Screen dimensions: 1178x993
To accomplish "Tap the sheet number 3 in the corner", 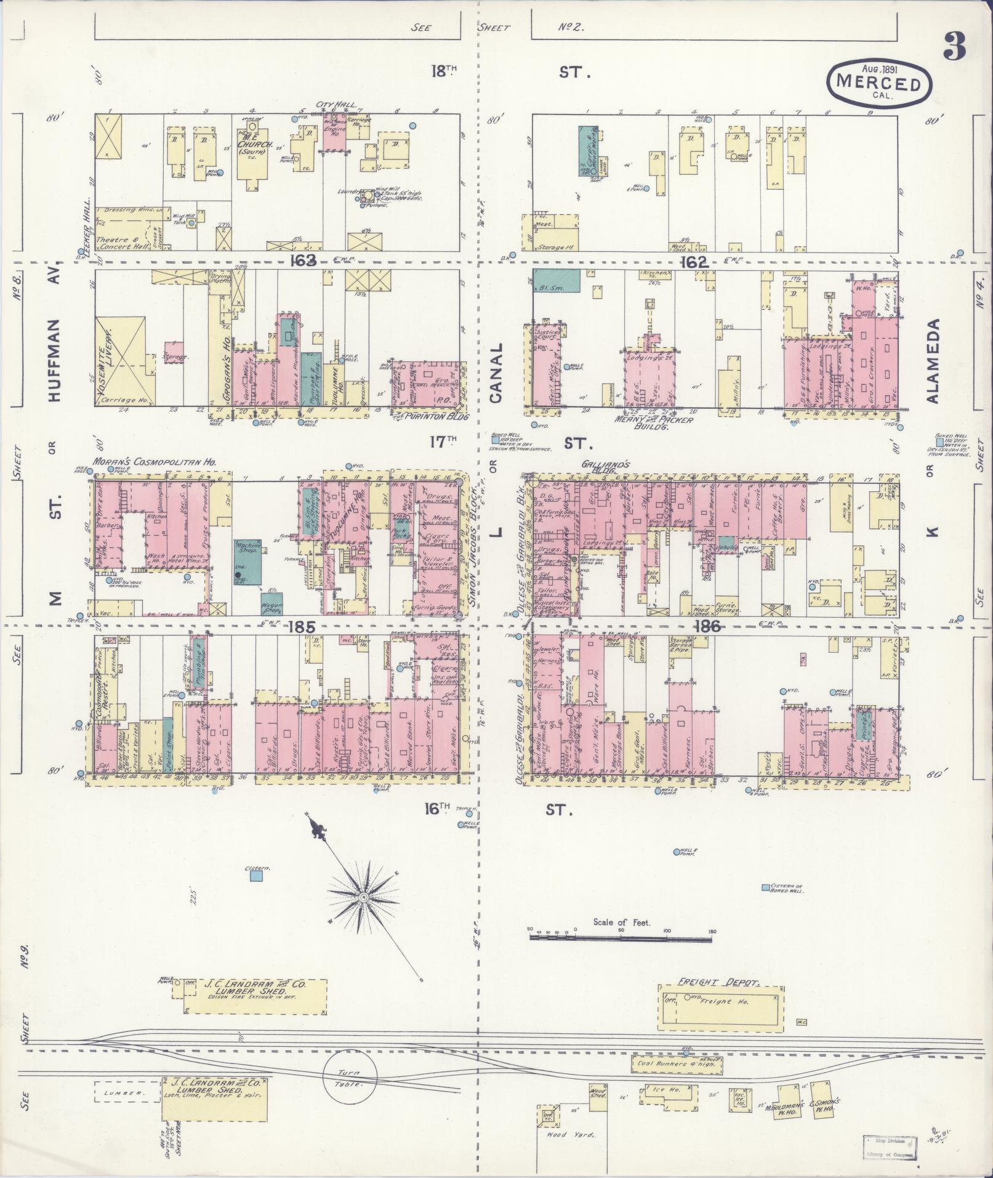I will tap(954, 46).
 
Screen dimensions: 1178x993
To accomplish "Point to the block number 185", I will tap(301, 627).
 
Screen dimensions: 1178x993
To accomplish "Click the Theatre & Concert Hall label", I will tap(121, 243).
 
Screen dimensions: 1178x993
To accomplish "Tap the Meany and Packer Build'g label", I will tap(654, 423).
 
